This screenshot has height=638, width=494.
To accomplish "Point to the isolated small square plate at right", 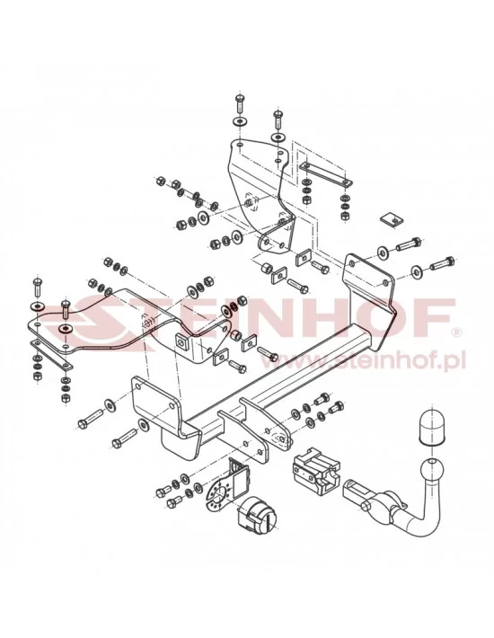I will point(388,218).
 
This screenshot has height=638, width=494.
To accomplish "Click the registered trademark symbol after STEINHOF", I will point(456,332).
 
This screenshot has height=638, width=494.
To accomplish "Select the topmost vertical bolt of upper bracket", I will point(240,103).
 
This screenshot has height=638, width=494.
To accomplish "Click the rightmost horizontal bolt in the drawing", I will point(443,265).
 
